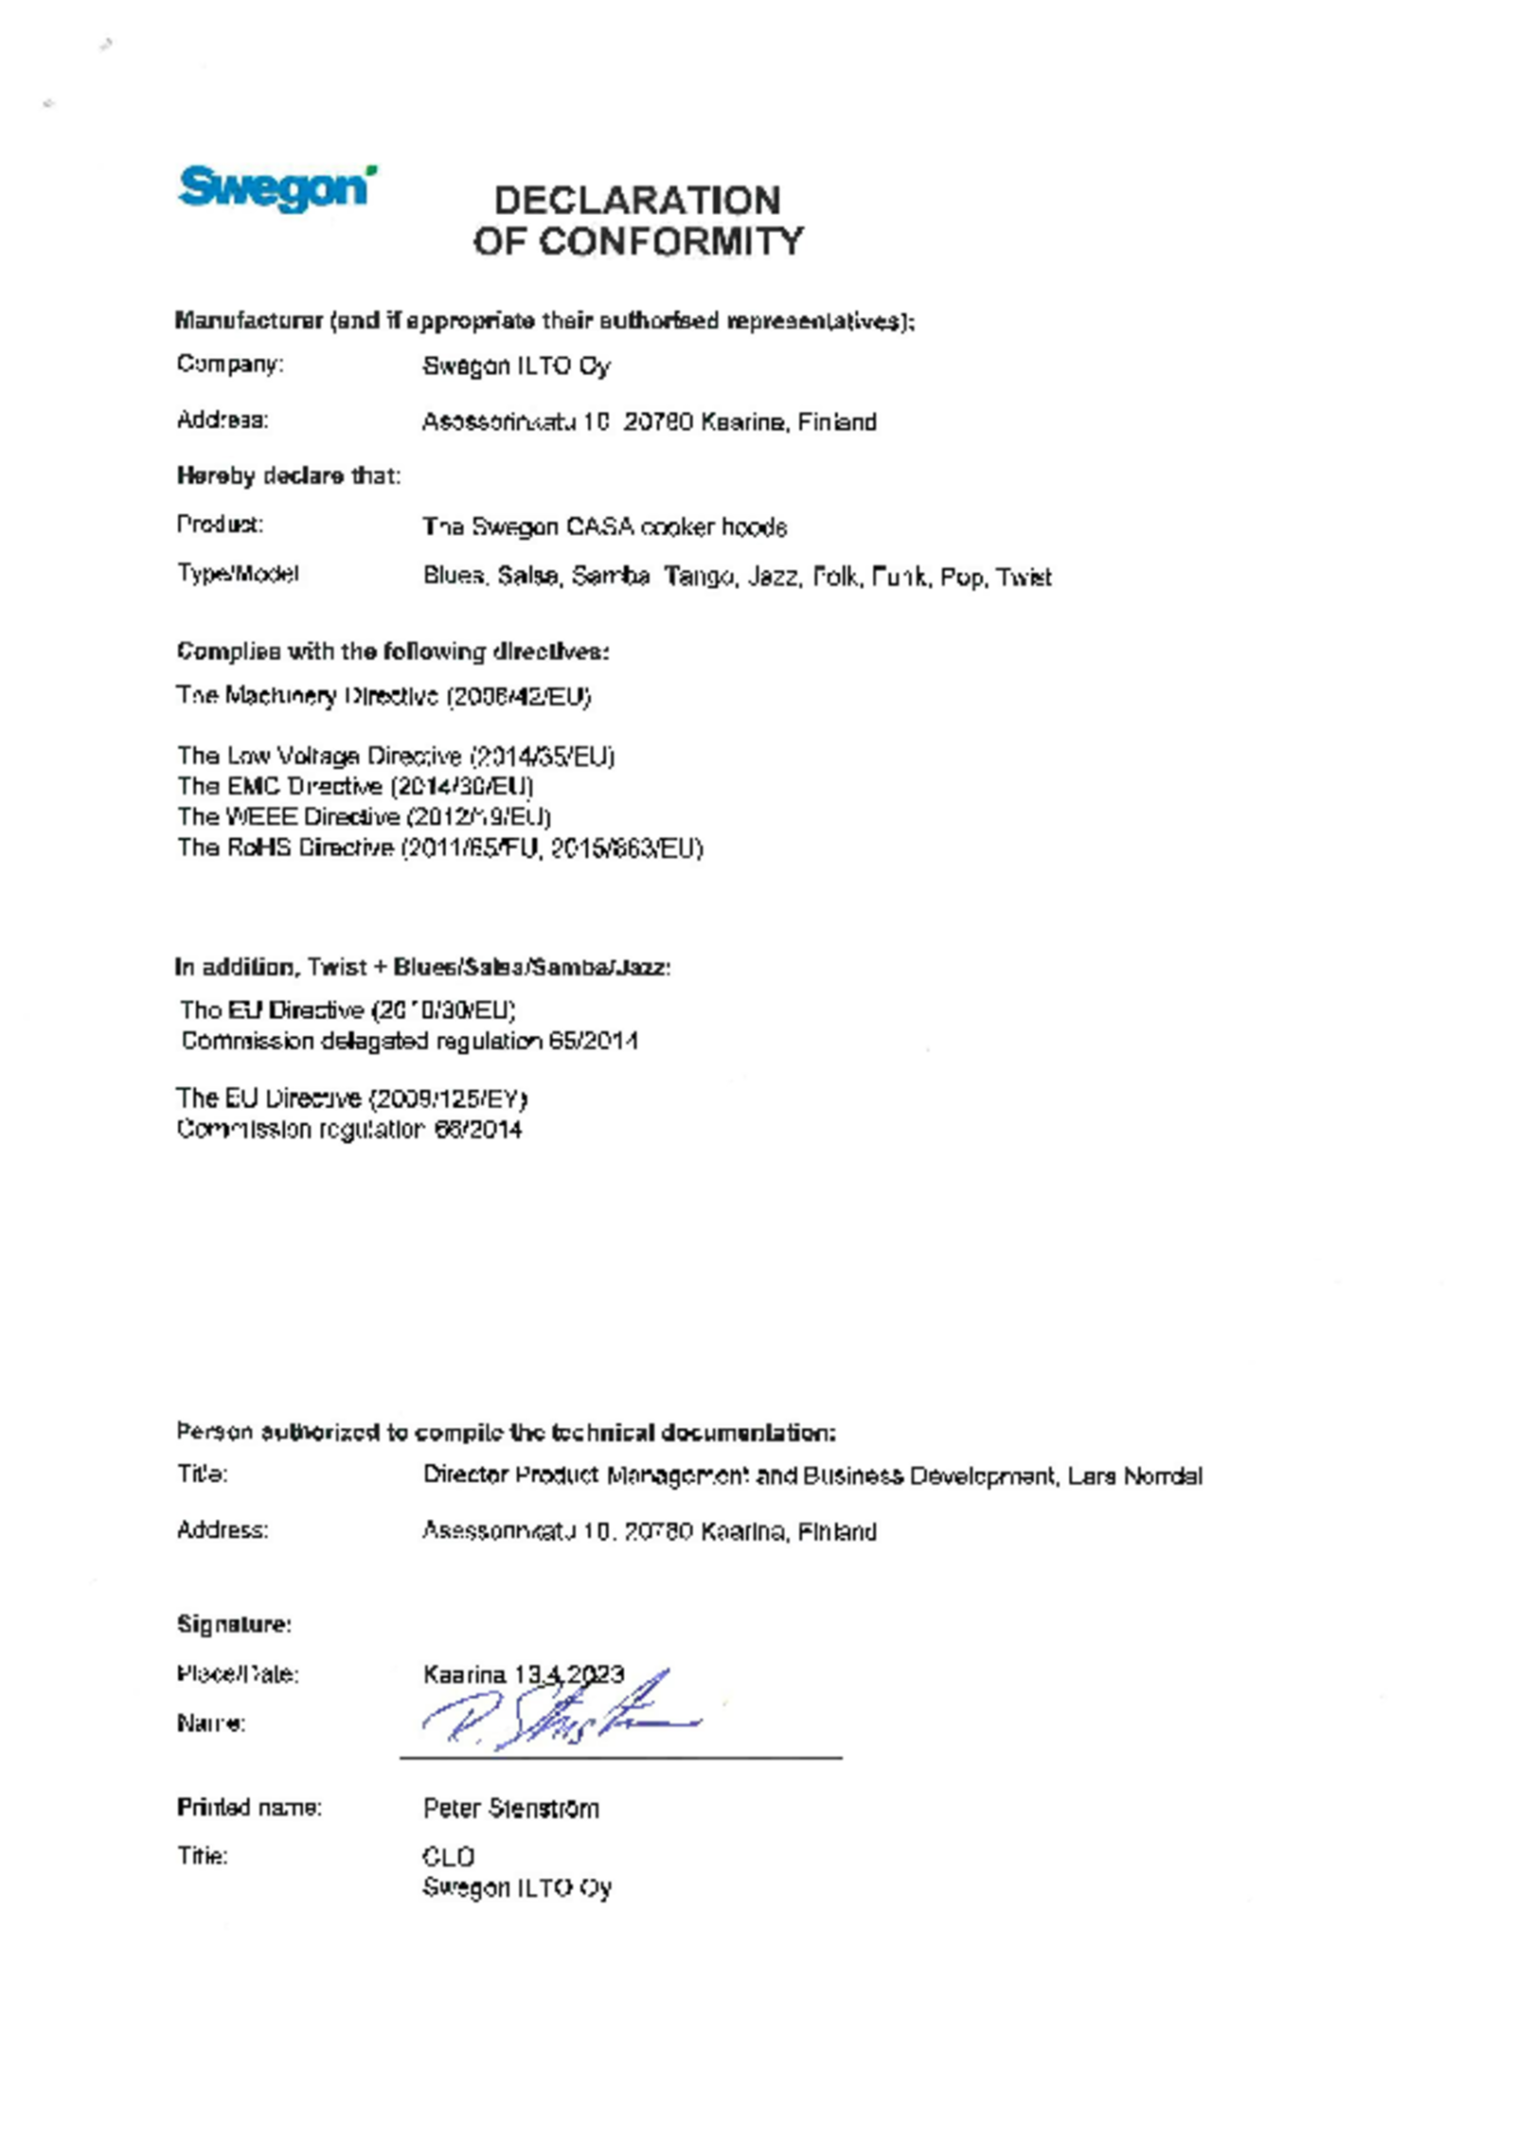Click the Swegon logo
[276, 188]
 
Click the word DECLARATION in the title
[637, 201]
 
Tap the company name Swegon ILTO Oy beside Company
[516, 366]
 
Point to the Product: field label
[220, 525]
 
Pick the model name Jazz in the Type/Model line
[773, 577]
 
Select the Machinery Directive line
[383, 696]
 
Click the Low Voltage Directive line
[396, 756]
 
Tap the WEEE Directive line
[364, 816]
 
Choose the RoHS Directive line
[440, 848]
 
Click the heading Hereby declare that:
[288, 475]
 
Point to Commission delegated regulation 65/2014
[409, 1041]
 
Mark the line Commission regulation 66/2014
[348, 1129]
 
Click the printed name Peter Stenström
[510, 1808]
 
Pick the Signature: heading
[234, 1624]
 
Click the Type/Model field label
[238, 574]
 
